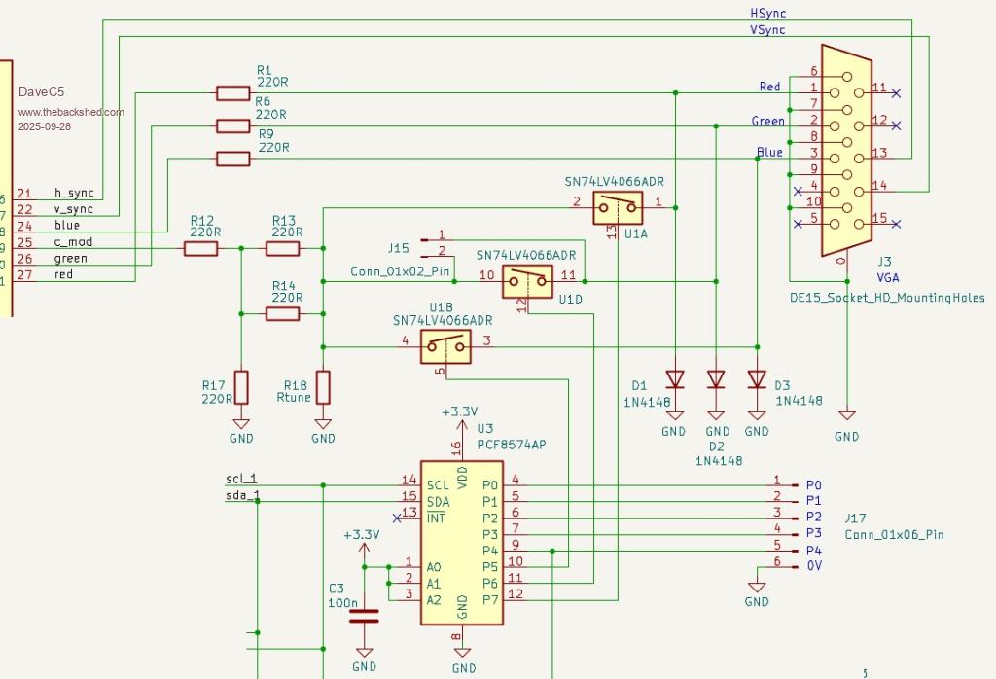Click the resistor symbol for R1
(232, 93)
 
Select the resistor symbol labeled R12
(201, 249)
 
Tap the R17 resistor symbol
(241, 386)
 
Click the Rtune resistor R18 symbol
(323, 386)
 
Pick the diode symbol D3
(757, 378)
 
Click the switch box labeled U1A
(617, 205)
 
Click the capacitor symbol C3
(365, 614)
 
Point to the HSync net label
(767, 14)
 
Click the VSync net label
(767, 30)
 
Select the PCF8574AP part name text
(512, 444)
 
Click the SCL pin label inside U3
(438, 484)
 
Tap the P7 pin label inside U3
(489, 599)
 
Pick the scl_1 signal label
(241, 479)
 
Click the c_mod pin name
(72, 242)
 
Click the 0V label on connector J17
(814, 564)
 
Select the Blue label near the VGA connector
(769, 153)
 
